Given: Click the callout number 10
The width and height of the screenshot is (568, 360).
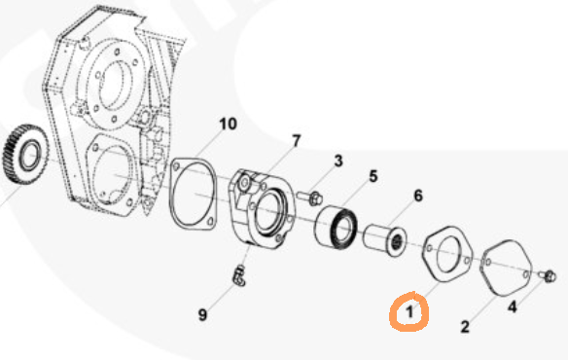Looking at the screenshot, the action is (x=229, y=124).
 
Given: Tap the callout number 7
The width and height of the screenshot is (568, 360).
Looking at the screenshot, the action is (x=297, y=141).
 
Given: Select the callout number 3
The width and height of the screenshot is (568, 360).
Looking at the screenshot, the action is (x=337, y=161).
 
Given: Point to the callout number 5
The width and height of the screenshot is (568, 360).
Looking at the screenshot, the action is (x=373, y=176).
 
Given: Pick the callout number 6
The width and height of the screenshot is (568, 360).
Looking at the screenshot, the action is (x=418, y=196).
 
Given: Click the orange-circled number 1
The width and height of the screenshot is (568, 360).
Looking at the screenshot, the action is (x=409, y=311).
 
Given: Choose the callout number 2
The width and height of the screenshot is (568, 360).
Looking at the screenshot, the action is (x=465, y=326).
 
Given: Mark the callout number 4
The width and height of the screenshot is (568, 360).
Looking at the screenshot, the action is (x=512, y=307).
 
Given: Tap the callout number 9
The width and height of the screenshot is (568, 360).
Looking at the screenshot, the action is (x=203, y=314).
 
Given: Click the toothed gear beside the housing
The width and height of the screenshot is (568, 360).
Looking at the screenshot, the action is (x=25, y=154).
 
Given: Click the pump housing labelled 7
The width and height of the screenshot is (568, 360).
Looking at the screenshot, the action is (x=261, y=209).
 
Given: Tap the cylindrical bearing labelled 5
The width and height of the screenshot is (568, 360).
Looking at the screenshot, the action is (x=336, y=228).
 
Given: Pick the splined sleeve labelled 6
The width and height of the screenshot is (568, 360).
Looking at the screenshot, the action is (x=385, y=239).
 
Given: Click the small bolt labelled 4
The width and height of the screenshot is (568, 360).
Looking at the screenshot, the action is (x=548, y=276).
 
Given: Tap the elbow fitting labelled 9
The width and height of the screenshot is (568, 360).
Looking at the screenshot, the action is (x=238, y=275).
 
